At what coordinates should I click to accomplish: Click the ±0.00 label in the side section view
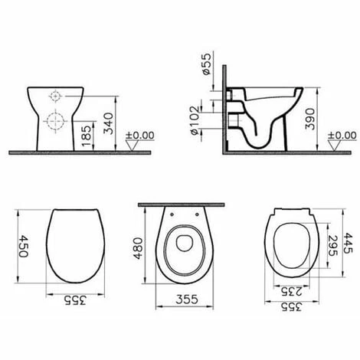[337, 135]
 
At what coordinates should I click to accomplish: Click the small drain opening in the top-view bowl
[182, 244]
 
